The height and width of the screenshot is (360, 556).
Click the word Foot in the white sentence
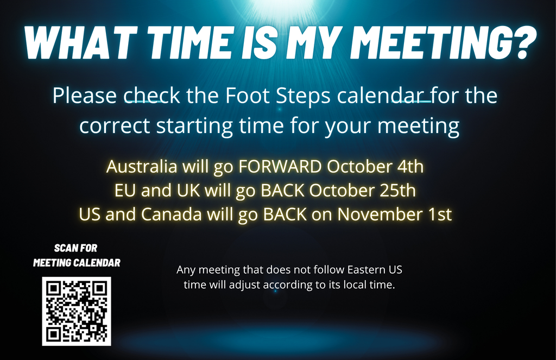point(247,96)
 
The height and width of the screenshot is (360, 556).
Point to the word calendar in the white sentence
point(380,96)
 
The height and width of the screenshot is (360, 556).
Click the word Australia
point(142,166)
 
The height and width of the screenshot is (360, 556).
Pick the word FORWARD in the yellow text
point(280,166)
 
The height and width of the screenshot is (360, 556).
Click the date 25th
point(398,191)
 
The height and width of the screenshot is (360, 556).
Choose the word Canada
point(172,214)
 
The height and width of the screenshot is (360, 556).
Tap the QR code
point(77,312)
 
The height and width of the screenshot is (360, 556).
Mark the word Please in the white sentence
point(85,96)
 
